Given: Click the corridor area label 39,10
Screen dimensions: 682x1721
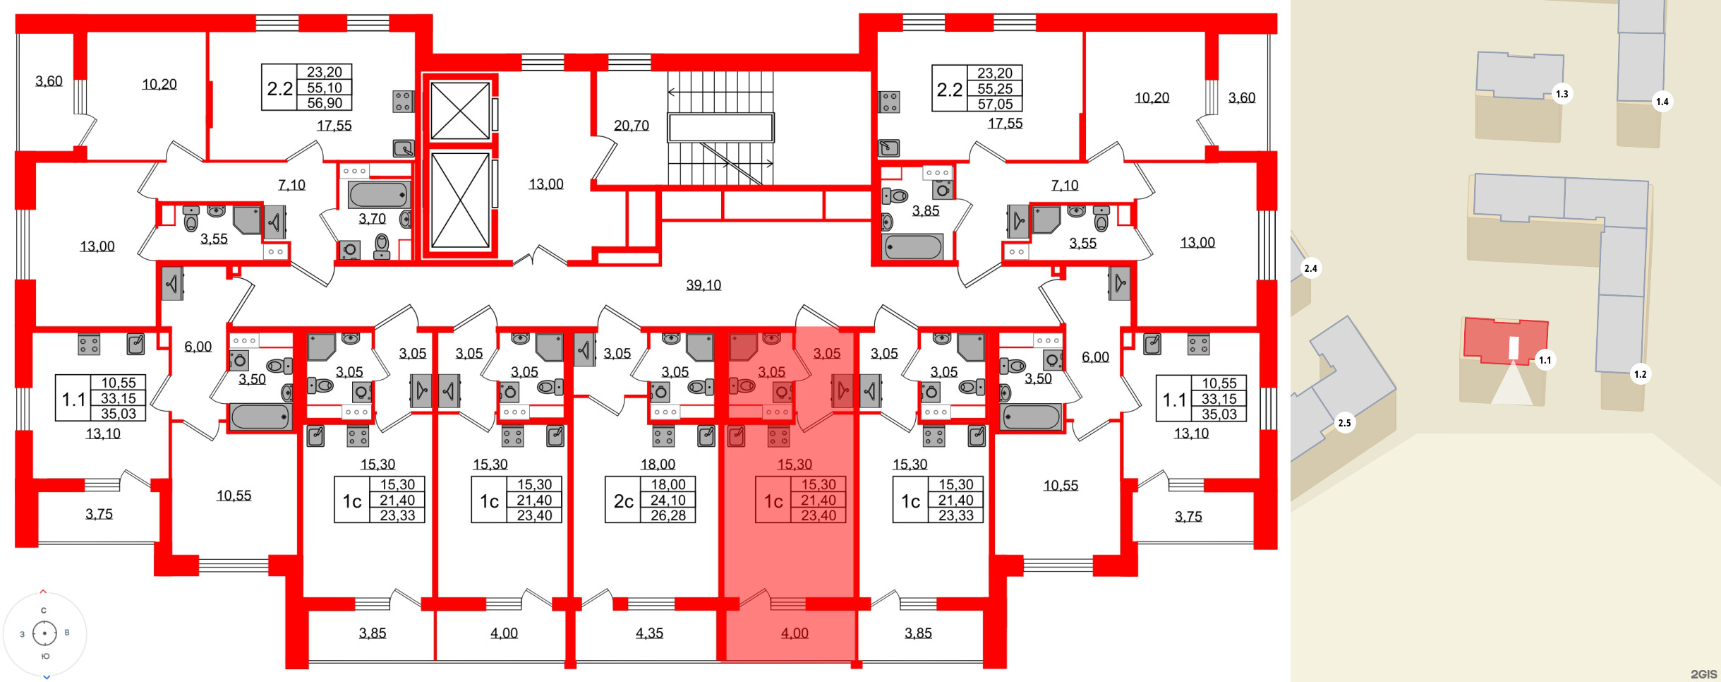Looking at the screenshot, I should (x=704, y=285).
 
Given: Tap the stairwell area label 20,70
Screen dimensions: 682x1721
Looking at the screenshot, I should (x=631, y=126).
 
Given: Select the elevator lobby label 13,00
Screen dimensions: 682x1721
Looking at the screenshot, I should (x=546, y=184).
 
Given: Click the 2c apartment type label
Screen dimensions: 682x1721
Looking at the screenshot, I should (x=623, y=501).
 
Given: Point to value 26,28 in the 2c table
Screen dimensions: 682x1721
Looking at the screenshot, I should (x=668, y=515).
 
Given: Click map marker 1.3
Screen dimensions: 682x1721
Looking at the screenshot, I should (x=1562, y=94).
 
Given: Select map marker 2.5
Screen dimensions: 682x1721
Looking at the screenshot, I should (x=1345, y=424).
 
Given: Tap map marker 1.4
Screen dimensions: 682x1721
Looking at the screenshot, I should (x=1662, y=102).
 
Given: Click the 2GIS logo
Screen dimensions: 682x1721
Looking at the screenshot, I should (x=1703, y=674).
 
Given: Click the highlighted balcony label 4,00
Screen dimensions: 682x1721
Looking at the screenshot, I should (x=795, y=633).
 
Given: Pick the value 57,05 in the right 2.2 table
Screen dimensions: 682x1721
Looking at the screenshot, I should (x=995, y=104).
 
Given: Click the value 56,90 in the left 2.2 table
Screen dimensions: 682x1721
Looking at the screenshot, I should (x=325, y=103).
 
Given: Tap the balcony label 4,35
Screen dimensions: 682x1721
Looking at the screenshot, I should (x=649, y=633).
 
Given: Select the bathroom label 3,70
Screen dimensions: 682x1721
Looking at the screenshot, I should (x=372, y=219).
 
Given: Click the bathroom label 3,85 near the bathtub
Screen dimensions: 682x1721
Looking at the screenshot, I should (x=925, y=211).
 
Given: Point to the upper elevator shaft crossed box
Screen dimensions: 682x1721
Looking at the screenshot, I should (x=460, y=111).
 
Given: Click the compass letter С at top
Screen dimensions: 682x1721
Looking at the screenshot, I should (x=44, y=611).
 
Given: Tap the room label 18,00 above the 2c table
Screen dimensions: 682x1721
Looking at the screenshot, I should (x=658, y=465).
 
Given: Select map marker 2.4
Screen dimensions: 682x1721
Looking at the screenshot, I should (x=1310, y=268).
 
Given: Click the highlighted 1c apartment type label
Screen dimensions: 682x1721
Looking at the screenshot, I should (x=773, y=501).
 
